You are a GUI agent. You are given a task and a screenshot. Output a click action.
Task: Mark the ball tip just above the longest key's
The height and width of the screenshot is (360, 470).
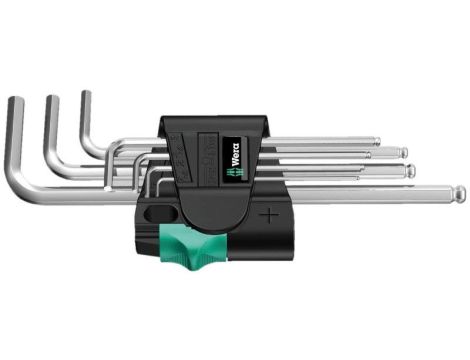410,169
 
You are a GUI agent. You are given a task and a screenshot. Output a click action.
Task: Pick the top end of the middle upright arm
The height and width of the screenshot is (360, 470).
51,99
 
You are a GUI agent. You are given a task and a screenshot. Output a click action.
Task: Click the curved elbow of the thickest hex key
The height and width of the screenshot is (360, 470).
22,185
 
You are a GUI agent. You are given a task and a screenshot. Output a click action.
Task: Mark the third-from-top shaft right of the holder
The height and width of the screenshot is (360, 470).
340,170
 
